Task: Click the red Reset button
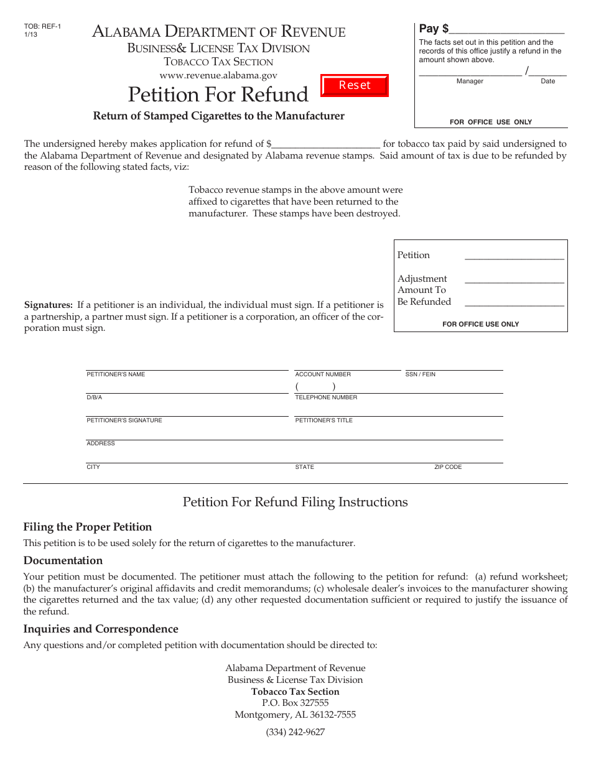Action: [x=355, y=85]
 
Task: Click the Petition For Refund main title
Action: [x=218, y=95]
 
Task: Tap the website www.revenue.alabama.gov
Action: [x=218, y=75]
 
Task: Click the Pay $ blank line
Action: [x=506, y=30]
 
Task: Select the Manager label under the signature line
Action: [x=470, y=81]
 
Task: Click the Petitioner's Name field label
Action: [x=116, y=374]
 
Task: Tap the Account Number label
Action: [x=323, y=374]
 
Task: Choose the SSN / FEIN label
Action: [x=421, y=374]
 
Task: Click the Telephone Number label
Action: [x=326, y=397]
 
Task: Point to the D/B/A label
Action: [x=94, y=397]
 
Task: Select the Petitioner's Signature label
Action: [x=124, y=420]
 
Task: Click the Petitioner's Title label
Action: [x=323, y=420]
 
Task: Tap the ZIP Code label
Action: [x=448, y=467]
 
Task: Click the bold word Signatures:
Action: [x=49, y=305]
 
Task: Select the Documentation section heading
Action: [x=63, y=560]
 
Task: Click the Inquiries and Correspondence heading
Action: [x=101, y=629]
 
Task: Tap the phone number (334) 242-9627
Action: [x=295, y=732]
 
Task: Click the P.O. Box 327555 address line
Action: [x=295, y=703]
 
